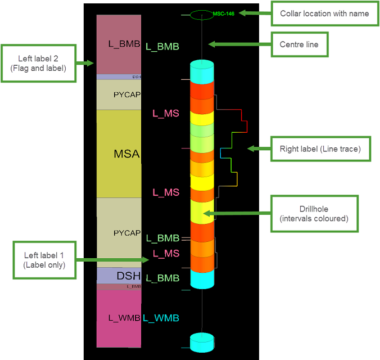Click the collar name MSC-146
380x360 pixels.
[x=224, y=13]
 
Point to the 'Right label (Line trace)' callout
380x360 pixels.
[x=320, y=149]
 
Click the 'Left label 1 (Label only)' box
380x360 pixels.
[x=44, y=260]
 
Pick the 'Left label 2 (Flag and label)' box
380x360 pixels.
[x=38, y=64]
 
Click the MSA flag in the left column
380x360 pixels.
[x=119, y=154]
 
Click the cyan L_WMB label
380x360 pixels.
[x=161, y=318]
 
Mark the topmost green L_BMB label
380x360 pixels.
[x=162, y=47]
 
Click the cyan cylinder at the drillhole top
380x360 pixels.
[x=202, y=71]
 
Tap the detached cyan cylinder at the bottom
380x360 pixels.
[x=202, y=343]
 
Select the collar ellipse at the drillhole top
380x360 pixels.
[x=202, y=15]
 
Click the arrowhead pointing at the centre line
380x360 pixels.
[x=211, y=44]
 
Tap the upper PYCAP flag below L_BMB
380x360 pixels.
[x=119, y=94]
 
